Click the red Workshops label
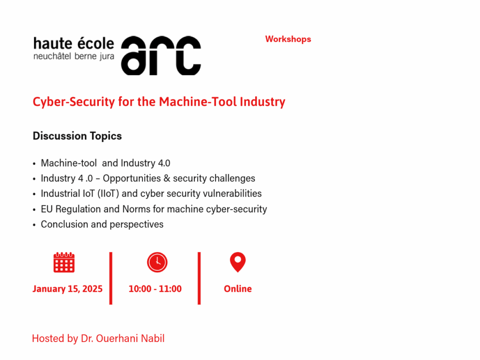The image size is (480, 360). tap(288, 39)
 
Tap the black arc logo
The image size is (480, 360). tap(161, 55)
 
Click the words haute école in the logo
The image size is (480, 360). tap(74, 44)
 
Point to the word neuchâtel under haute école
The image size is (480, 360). tap(52, 56)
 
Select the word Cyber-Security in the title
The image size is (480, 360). tap(74, 102)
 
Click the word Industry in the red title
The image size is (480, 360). tap(263, 102)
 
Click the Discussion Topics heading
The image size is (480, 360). tap(77, 136)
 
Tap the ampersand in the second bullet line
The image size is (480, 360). tap(167, 178)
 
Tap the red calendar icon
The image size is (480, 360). tap(64, 262)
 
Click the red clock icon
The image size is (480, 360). tap(157, 262)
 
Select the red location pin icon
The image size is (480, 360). tap(238, 262)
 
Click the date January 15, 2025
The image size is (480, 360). tap(67, 289)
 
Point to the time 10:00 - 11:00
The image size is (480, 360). tap(155, 289)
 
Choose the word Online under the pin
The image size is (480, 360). tap(238, 289)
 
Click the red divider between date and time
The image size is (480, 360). tap(111, 278)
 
